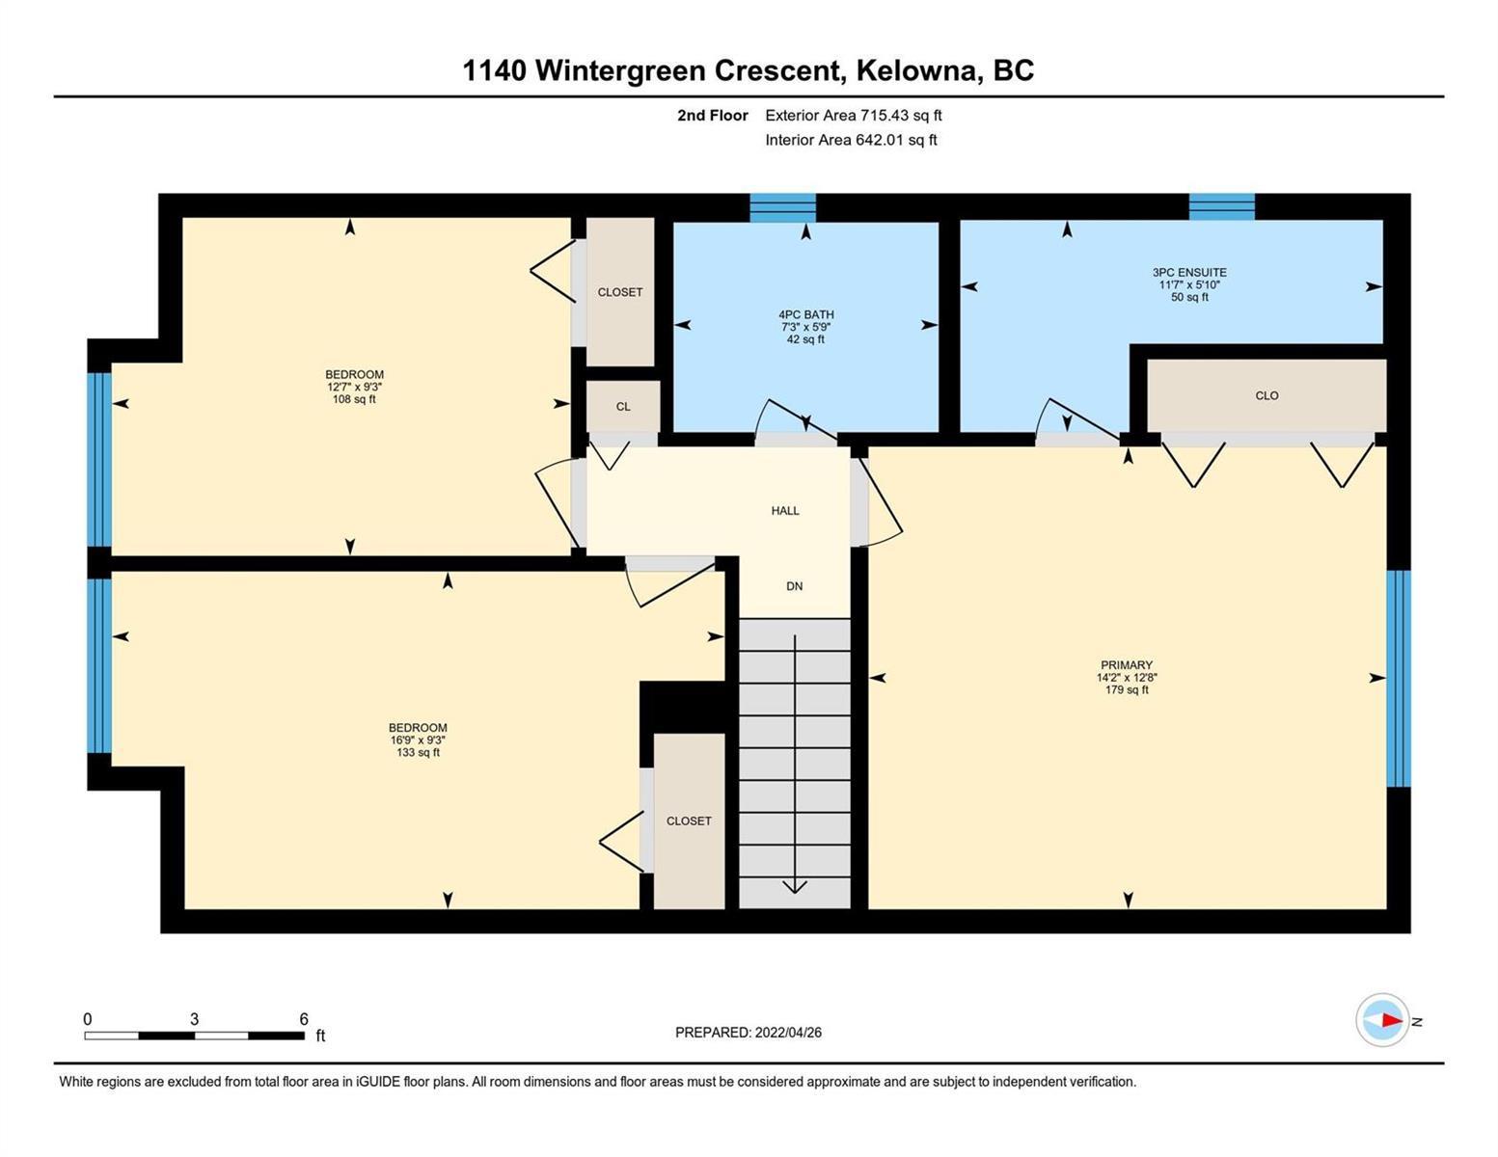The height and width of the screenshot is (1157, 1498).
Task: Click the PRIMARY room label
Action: [x=1127, y=665]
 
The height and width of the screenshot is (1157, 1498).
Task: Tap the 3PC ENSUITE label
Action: [x=1189, y=272]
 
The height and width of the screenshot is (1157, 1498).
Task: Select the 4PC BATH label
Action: [x=805, y=314]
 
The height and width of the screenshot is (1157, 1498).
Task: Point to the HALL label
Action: [x=785, y=511]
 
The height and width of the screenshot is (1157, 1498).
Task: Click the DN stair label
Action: [x=794, y=586]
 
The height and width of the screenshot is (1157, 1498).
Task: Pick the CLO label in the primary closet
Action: [x=1267, y=395]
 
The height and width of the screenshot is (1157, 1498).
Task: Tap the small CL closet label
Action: [x=623, y=407]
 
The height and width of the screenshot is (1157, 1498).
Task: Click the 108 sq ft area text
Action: [x=354, y=399]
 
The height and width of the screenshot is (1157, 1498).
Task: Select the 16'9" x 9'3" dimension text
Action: [x=418, y=740]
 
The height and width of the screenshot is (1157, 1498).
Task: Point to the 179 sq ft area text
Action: [x=1127, y=689]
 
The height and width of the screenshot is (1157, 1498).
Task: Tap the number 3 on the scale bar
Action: [x=195, y=1018]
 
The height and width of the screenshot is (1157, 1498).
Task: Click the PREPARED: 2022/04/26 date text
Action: [x=748, y=1033]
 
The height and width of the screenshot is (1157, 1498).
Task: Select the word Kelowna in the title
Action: [x=919, y=71]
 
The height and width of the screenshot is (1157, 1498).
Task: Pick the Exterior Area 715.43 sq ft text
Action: [x=854, y=115]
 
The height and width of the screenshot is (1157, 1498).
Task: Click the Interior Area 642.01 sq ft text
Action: [x=852, y=140]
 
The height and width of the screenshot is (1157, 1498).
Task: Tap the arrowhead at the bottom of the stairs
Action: [x=795, y=887]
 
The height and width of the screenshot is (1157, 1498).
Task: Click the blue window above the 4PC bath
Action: [x=782, y=208]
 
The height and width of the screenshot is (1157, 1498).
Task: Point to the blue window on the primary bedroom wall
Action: [x=1399, y=679]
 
